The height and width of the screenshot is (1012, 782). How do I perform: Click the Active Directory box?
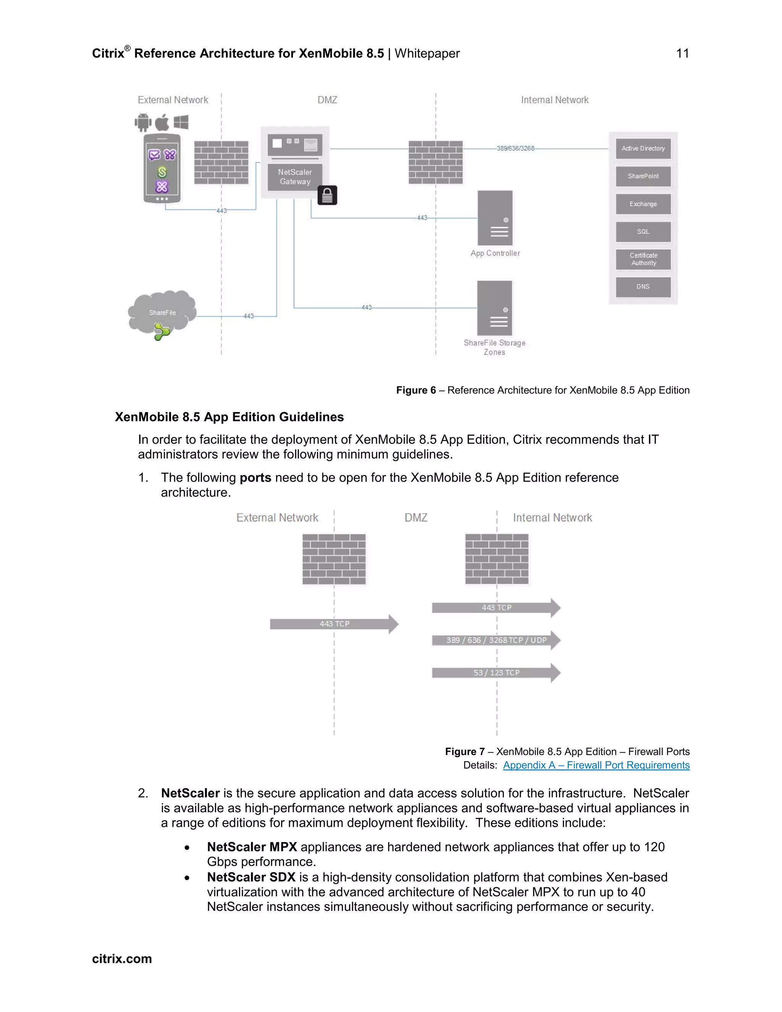[x=643, y=149]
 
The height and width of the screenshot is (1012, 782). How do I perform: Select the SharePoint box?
[x=643, y=176]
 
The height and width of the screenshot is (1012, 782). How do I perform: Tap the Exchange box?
[x=643, y=204]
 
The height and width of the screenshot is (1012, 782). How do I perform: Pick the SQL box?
[x=643, y=232]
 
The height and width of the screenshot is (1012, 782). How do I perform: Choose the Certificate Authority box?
[x=643, y=259]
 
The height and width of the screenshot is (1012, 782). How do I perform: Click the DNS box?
[x=643, y=287]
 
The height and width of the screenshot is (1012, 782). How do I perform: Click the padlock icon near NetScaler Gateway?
[x=327, y=196]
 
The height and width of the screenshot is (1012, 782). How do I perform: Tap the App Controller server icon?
[x=495, y=218]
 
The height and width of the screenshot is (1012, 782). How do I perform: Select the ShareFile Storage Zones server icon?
[x=494, y=308]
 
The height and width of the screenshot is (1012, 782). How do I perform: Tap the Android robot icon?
[x=143, y=122]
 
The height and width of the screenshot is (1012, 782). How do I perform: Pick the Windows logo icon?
[x=181, y=122]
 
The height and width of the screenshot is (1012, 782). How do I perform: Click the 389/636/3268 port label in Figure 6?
[x=515, y=148]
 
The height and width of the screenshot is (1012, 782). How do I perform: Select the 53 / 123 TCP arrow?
[x=496, y=673]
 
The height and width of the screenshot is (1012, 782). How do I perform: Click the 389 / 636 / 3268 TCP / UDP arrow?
[x=496, y=640]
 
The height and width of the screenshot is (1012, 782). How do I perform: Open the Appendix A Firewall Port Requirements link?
[x=596, y=765]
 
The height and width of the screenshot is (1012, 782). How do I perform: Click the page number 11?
[x=682, y=53]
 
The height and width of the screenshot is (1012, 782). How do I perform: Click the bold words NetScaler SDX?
[x=251, y=877]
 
